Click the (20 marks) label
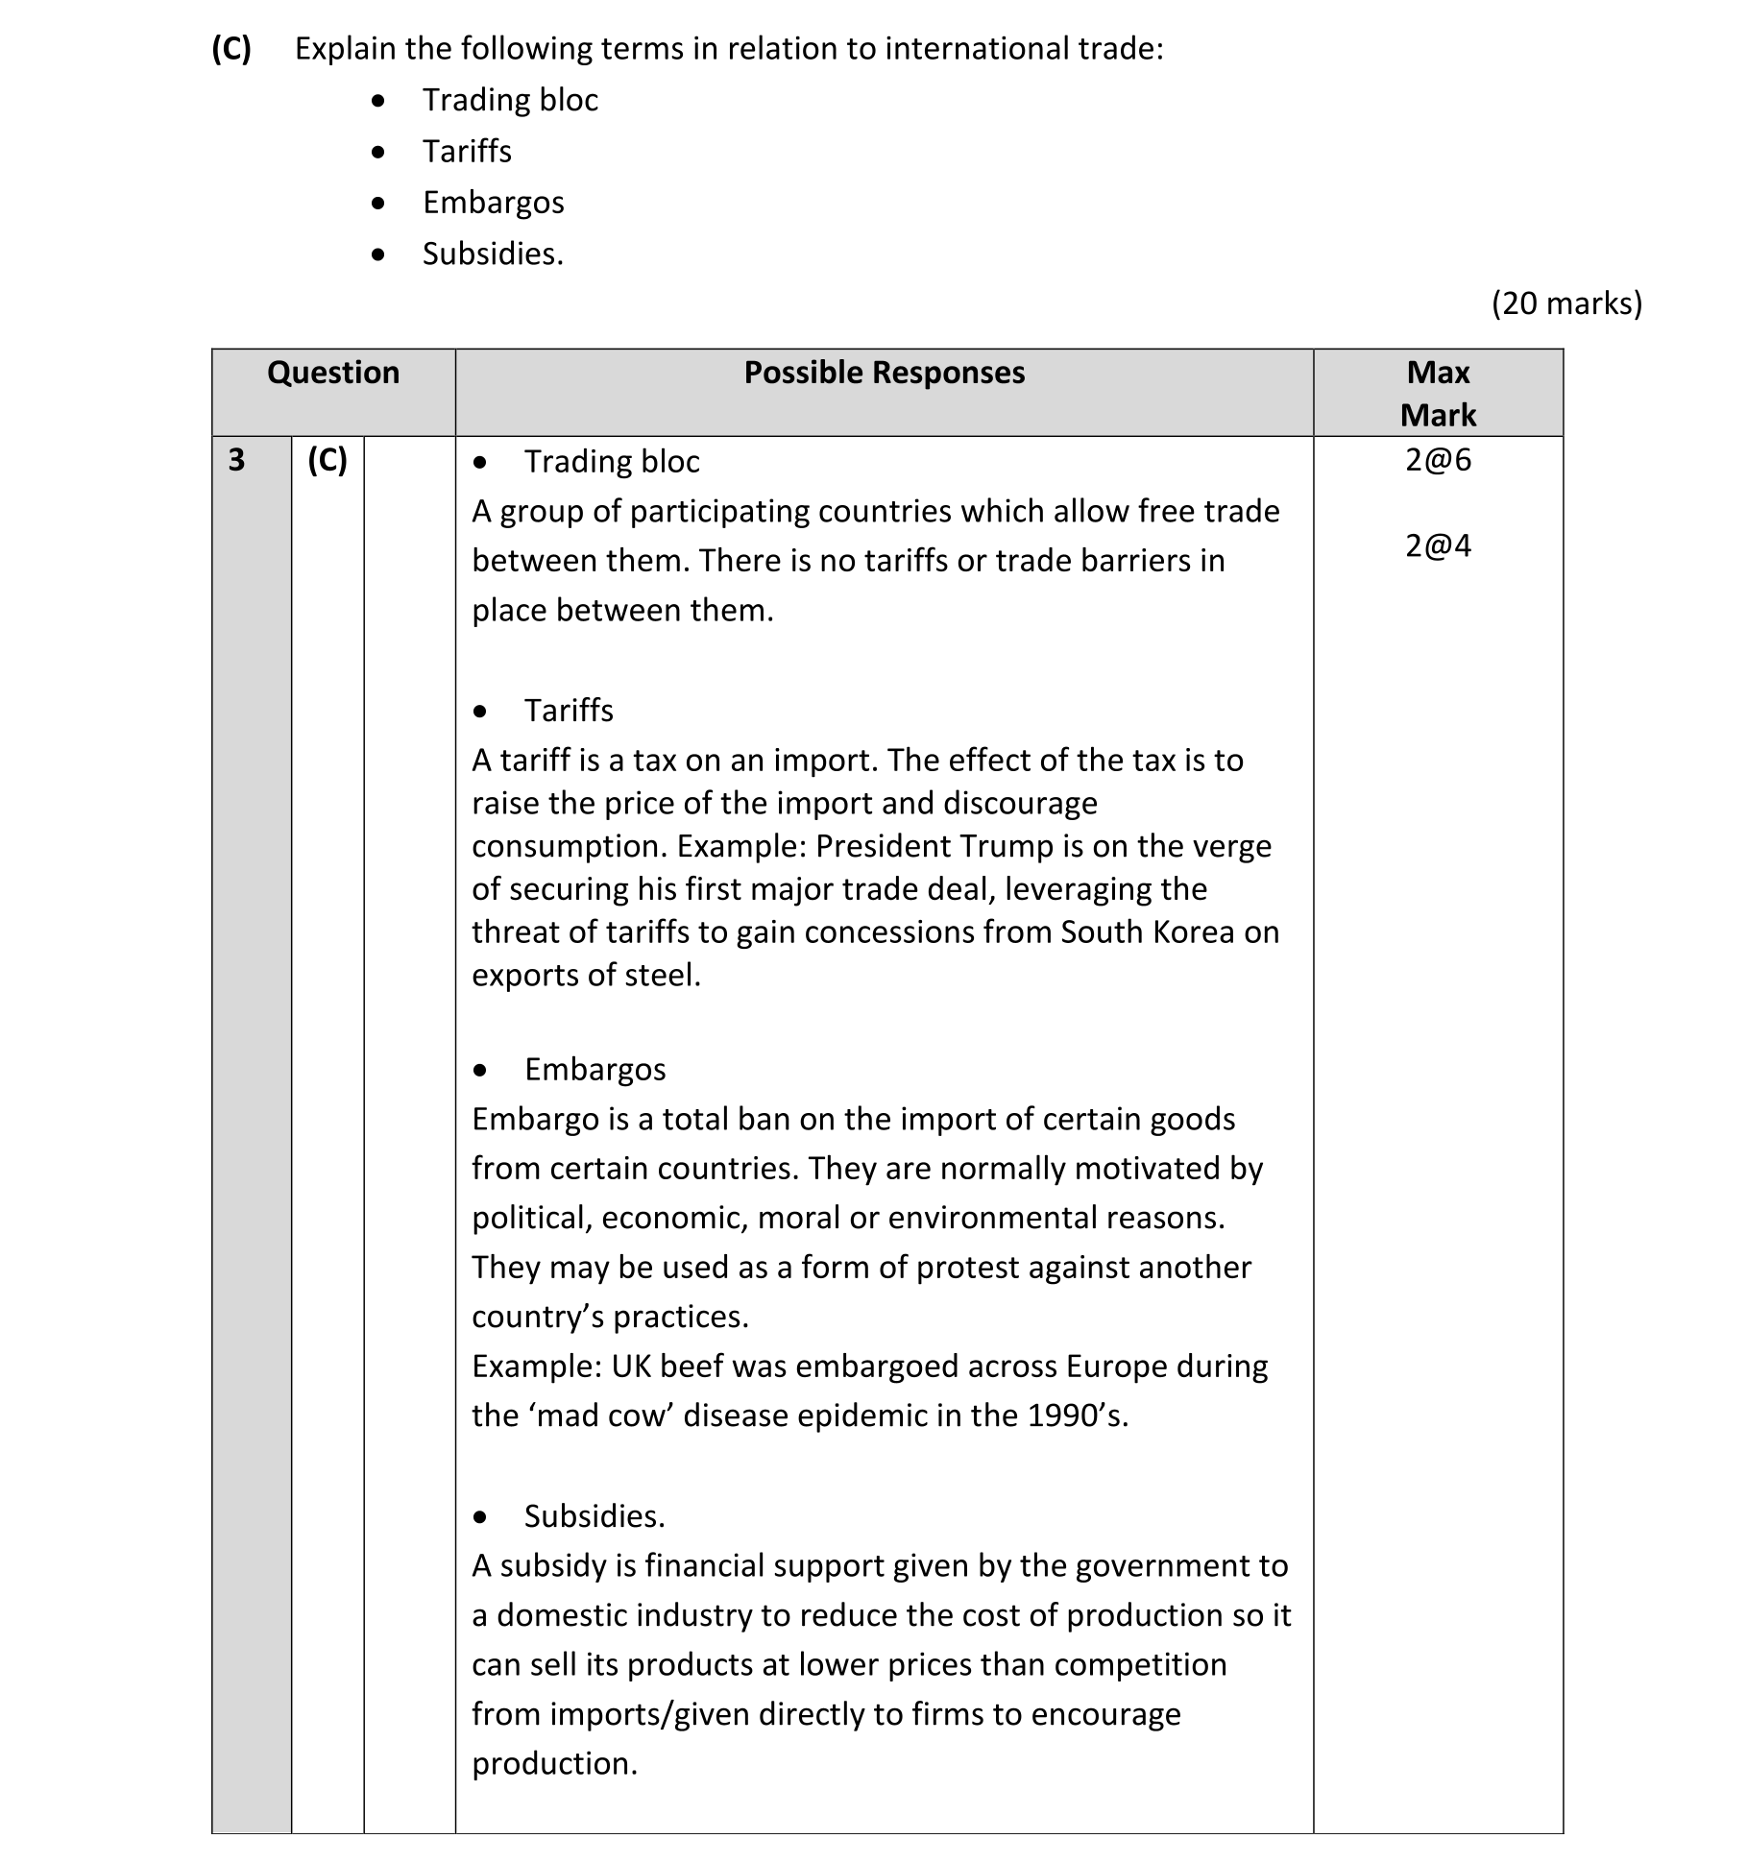(x=1566, y=303)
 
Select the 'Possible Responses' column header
(x=884, y=373)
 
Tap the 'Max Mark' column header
(x=1437, y=393)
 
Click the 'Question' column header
(x=333, y=373)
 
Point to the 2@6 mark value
(x=1438, y=461)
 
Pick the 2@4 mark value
(x=1438, y=546)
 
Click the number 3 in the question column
(x=236, y=461)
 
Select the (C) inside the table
(x=327, y=461)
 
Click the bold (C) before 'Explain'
(x=231, y=48)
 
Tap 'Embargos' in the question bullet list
(x=493, y=203)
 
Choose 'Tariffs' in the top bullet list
(x=467, y=152)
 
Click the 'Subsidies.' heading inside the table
(x=594, y=1516)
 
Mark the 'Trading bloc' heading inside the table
(x=611, y=462)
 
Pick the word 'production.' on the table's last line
(x=554, y=1764)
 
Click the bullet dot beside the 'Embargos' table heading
(x=480, y=1070)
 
